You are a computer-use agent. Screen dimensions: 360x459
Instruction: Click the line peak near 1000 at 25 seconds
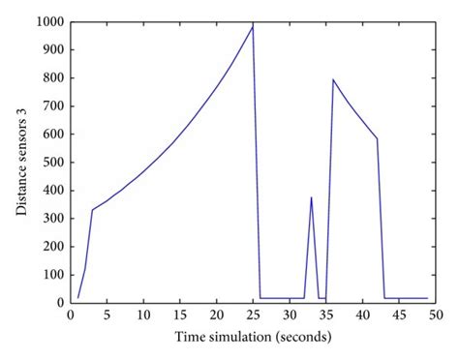click(x=253, y=26)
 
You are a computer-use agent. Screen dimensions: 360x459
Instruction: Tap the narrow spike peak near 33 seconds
click(x=311, y=197)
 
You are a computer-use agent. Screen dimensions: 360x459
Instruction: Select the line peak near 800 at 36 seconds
click(x=333, y=79)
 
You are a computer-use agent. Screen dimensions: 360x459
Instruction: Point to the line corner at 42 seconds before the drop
click(x=377, y=138)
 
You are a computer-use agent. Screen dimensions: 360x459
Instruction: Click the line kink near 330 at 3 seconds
click(x=92, y=210)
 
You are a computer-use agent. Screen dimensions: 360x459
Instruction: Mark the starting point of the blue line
click(x=77, y=298)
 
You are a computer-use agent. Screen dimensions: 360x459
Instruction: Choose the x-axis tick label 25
click(x=253, y=315)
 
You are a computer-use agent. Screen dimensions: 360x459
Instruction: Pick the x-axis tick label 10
click(x=143, y=315)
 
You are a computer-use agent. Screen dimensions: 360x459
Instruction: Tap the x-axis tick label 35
click(x=325, y=315)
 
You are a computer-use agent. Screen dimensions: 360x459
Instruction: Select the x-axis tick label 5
click(x=107, y=315)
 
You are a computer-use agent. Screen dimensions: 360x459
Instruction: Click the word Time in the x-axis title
click(x=191, y=337)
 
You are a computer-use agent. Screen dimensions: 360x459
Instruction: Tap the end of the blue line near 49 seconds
click(x=427, y=298)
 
